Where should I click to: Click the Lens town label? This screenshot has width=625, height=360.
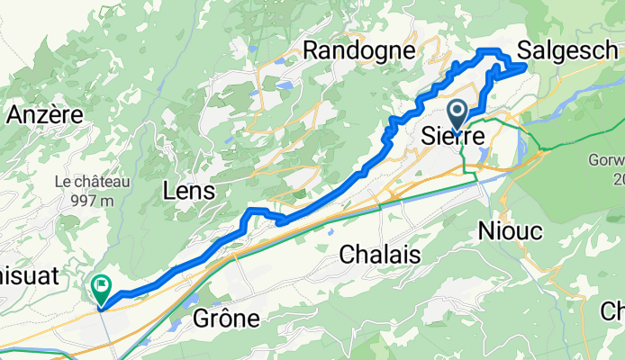(189, 191)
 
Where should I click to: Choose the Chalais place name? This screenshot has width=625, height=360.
(380, 255)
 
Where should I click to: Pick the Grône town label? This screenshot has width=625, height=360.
(227, 318)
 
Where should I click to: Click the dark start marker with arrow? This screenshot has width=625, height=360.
(457, 116)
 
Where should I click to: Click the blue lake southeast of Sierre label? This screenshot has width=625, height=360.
(486, 156)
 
